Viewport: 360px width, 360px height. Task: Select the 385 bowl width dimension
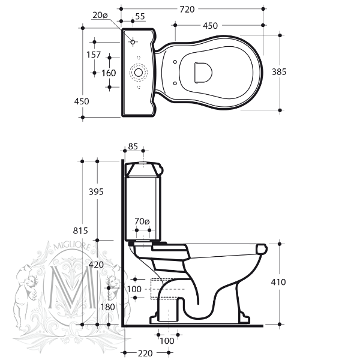[x=279, y=71]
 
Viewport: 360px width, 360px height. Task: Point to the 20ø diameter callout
[x=100, y=16]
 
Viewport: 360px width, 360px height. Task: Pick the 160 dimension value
[x=109, y=73]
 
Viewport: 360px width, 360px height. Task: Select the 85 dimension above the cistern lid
[x=133, y=146]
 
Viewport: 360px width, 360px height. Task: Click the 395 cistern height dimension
[x=96, y=192]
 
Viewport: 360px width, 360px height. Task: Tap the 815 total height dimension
[x=81, y=231]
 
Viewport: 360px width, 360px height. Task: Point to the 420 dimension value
[x=95, y=265]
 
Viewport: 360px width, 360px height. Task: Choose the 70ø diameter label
[x=142, y=221]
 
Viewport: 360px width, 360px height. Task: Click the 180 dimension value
[x=109, y=307]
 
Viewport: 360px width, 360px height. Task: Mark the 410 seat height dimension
[x=279, y=282]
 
